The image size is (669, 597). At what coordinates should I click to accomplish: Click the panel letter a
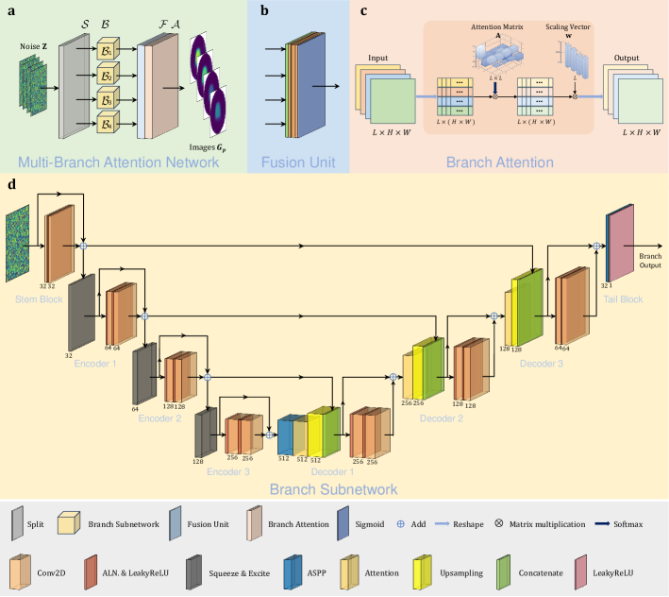pyautogui.click(x=9, y=11)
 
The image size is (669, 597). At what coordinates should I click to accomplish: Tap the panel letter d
pyautogui.click(x=9, y=184)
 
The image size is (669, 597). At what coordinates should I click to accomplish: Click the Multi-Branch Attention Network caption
pyautogui.click(x=124, y=162)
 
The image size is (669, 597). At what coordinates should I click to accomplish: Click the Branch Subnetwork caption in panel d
pyautogui.click(x=334, y=489)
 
